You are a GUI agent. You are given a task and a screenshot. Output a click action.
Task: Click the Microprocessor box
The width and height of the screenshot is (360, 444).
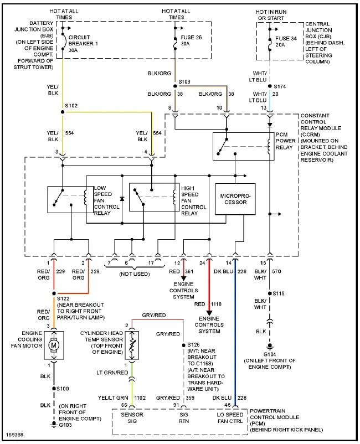pyautogui.click(x=235, y=199)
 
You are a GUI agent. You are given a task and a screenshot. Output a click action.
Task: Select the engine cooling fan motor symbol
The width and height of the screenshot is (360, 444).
pyautogui.click(x=54, y=345)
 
